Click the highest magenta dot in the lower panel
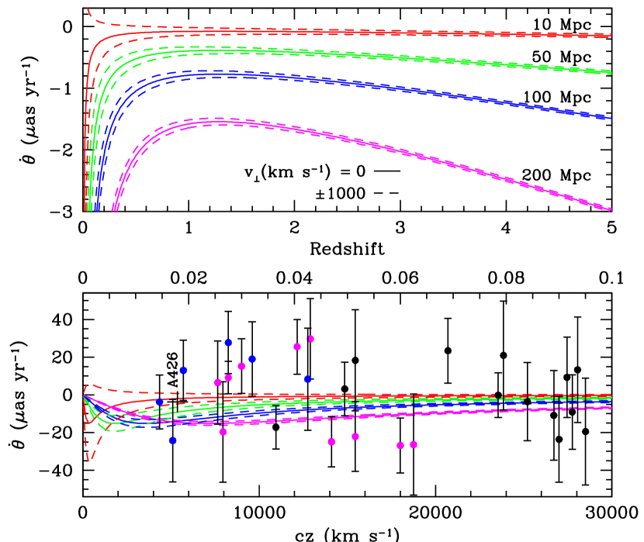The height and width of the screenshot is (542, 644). coord(310,339)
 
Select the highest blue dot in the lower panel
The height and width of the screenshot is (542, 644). coord(228,342)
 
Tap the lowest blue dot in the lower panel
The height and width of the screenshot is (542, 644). coord(172,440)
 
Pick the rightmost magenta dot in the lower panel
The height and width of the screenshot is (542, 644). coord(414,444)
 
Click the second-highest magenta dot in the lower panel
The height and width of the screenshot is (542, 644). coord(297,347)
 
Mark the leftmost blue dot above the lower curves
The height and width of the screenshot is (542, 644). coord(183,370)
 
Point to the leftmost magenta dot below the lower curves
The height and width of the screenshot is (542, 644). coord(223,432)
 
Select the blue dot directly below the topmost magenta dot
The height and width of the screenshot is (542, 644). coord(307,379)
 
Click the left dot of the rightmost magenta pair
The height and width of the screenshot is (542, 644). coord(400,445)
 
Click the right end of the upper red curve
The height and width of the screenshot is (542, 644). coord(611,36)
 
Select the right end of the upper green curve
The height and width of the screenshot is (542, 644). coord(611,73)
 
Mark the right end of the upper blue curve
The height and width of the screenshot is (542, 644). coord(611,118)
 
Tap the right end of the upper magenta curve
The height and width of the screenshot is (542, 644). coord(611,209)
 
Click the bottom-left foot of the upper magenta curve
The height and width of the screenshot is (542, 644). coord(115,209)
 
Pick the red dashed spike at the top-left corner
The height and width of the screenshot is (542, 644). coord(88,10)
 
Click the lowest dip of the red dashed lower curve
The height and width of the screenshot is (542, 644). coord(89,461)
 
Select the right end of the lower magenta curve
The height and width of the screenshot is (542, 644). coord(611,407)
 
